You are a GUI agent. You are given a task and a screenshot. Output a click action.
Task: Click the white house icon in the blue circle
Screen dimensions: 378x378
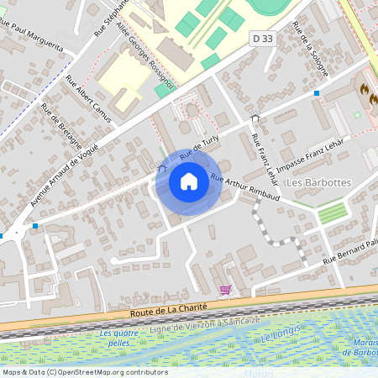coord(189,181)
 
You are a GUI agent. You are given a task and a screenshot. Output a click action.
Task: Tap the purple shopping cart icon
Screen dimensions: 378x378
coord(225,290)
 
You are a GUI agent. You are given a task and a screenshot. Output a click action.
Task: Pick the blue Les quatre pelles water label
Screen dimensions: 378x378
coord(118,339)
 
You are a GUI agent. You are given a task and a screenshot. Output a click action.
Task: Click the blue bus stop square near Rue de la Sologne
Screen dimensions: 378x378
coord(317,92)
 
